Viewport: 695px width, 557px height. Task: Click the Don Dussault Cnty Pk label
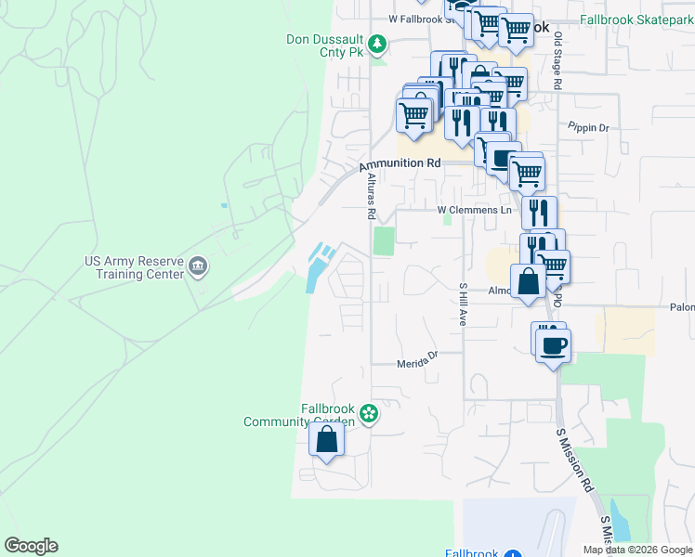325,45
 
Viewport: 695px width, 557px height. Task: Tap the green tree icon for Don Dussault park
377,44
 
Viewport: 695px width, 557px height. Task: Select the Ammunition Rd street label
400,163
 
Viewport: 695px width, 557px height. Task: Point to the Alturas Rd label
370,198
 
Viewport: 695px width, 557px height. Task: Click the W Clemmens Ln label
475,211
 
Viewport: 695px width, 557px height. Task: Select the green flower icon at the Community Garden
369,413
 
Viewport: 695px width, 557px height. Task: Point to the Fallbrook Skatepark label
636,19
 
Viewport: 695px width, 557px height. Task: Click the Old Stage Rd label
558,60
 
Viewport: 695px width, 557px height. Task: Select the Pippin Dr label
587,126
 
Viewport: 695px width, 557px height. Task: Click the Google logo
31,546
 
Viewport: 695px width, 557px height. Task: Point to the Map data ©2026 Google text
638,550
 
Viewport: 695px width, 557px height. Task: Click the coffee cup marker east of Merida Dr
556,345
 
